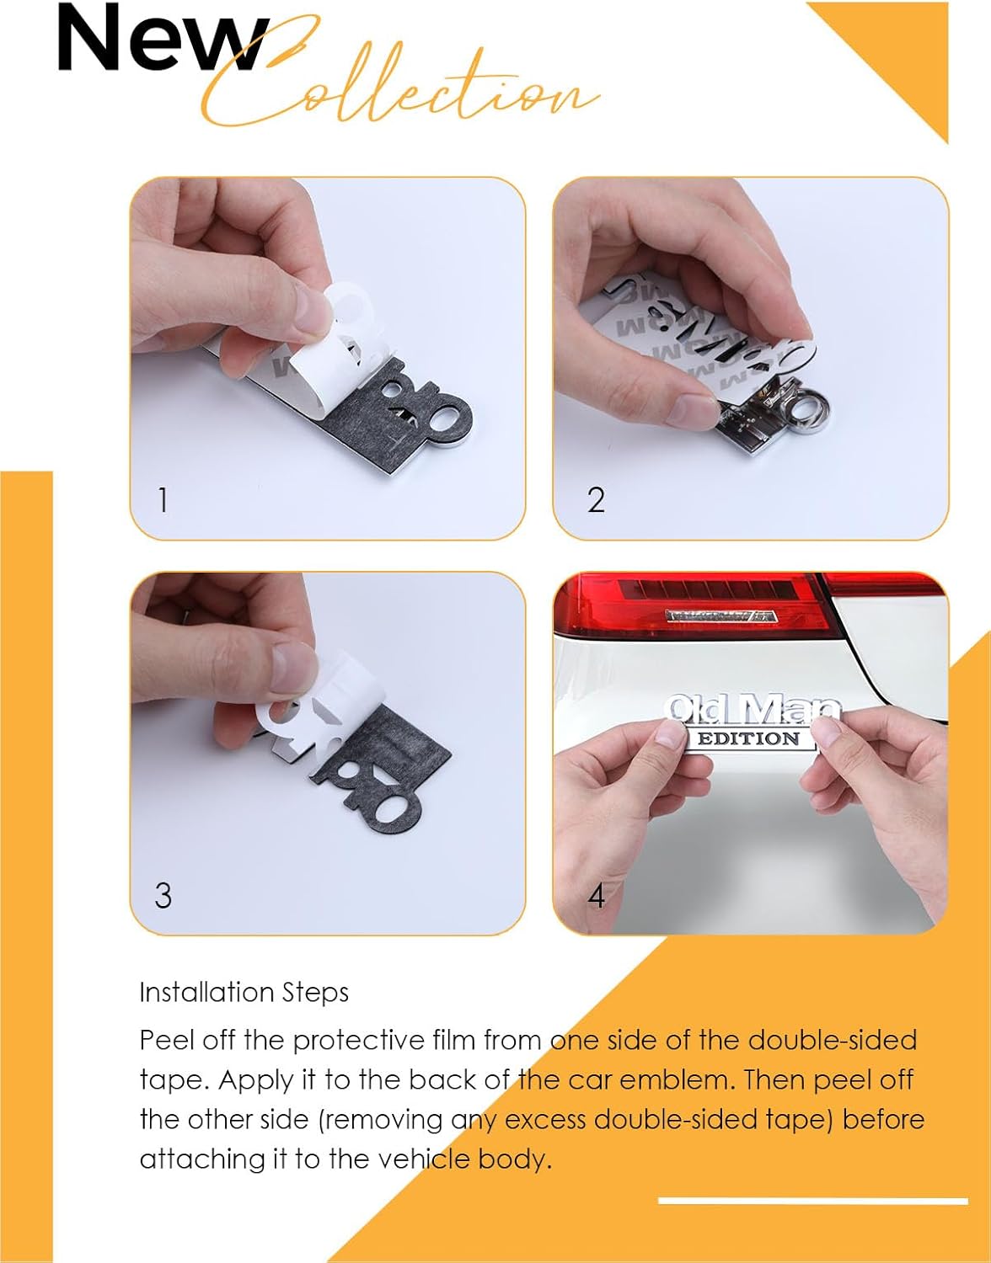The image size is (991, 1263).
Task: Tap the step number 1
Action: [x=163, y=499]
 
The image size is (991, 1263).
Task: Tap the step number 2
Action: [x=596, y=499]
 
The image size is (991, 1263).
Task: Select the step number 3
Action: [x=163, y=895]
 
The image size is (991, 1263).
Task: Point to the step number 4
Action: [x=597, y=896]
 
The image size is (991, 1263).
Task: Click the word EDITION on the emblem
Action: [x=748, y=738]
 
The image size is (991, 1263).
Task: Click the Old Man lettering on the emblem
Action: [x=753, y=707]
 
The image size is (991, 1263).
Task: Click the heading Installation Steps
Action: [x=244, y=992]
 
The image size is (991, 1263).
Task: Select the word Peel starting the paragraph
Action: [x=166, y=1040]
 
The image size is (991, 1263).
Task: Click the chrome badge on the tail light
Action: [x=721, y=615]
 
